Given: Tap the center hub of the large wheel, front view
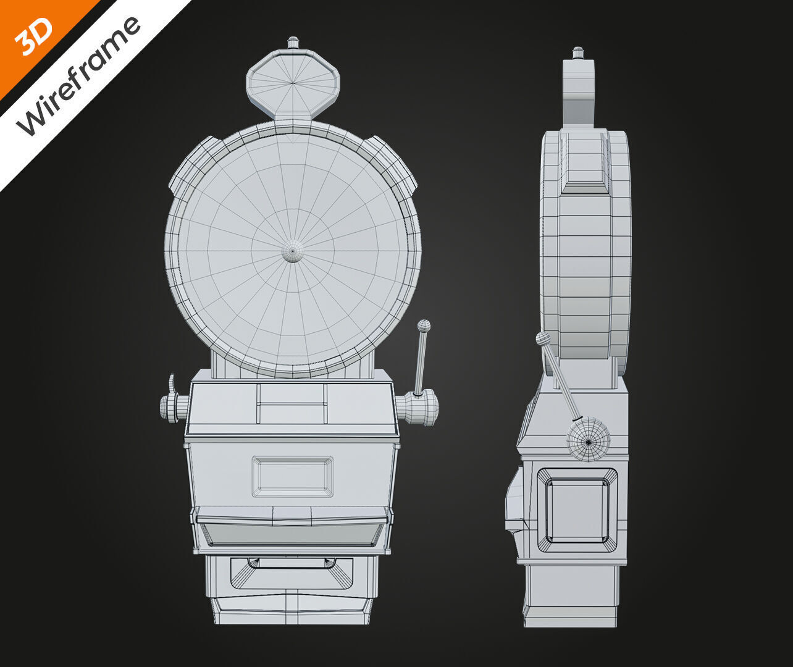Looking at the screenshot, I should click(x=293, y=251).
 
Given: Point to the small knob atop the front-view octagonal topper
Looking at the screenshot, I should click(x=293, y=43).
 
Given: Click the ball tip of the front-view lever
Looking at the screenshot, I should click(x=424, y=325).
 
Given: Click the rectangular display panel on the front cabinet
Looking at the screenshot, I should click(x=292, y=477).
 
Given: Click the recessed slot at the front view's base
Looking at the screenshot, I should click(x=292, y=573).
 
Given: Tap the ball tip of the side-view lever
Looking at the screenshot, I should click(x=543, y=338).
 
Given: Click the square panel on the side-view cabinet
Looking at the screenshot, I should click(x=577, y=510).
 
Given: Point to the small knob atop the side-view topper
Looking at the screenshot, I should click(x=578, y=52).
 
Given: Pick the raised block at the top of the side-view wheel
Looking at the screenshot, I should click(x=584, y=162).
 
